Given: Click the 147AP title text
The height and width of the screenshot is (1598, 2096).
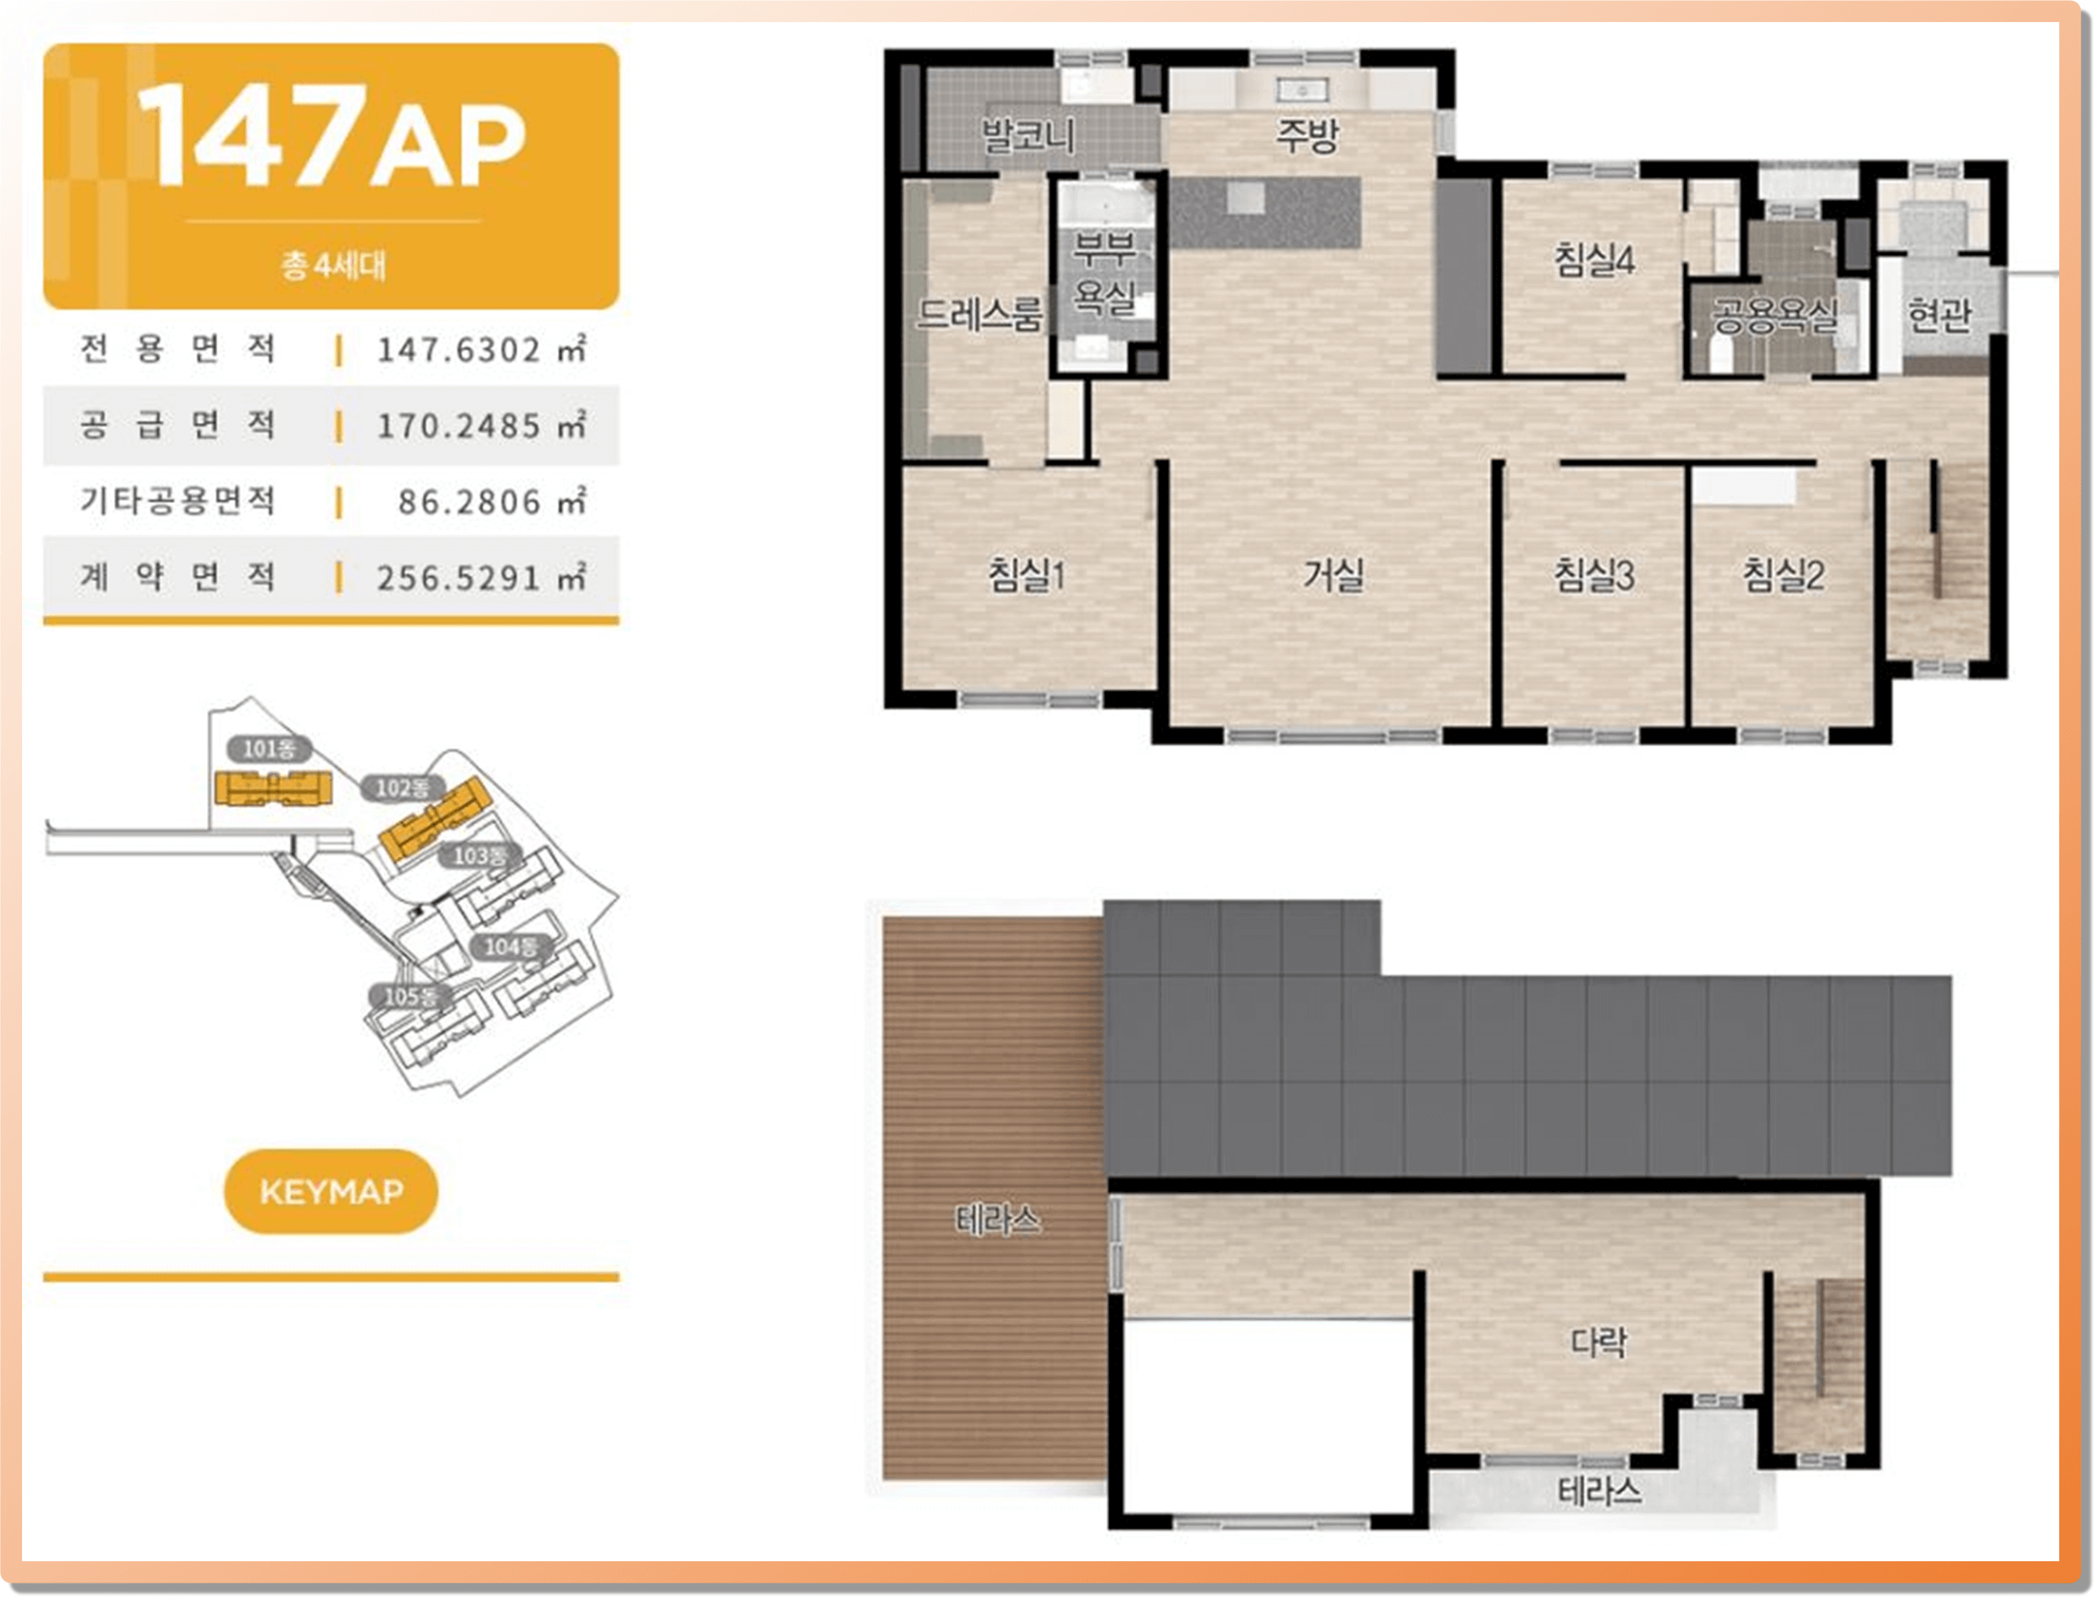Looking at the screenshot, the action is (330, 135).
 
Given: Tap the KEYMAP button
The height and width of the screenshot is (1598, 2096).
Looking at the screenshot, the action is (331, 1191).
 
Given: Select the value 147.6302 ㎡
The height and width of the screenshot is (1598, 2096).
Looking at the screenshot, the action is (481, 349).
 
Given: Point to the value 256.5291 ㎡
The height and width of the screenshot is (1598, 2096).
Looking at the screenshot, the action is (481, 578).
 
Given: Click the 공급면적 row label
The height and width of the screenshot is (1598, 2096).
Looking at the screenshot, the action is (178, 424).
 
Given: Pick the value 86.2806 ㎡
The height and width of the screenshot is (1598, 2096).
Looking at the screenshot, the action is (492, 502).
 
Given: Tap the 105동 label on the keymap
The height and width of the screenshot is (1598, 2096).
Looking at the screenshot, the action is (411, 996).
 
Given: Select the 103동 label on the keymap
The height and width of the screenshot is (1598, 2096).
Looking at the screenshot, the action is (479, 855).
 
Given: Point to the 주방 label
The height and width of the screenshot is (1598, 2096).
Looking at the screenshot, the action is (1307, 135).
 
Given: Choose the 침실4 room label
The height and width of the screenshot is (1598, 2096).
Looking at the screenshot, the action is (1594, 260).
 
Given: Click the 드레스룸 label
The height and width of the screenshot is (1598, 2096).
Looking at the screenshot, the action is (980, 313).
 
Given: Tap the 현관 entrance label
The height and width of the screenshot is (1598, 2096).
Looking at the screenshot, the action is (1938, 314).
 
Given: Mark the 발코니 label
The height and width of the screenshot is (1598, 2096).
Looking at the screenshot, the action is (1028, 135).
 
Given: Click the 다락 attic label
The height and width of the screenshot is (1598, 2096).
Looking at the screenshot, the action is (1598, 1342).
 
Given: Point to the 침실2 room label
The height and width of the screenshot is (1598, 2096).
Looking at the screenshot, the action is (1783, 574).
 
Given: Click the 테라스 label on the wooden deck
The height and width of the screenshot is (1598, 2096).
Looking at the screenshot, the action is (997, 1220).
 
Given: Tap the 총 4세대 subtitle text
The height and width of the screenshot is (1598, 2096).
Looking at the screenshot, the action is (332, 265).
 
